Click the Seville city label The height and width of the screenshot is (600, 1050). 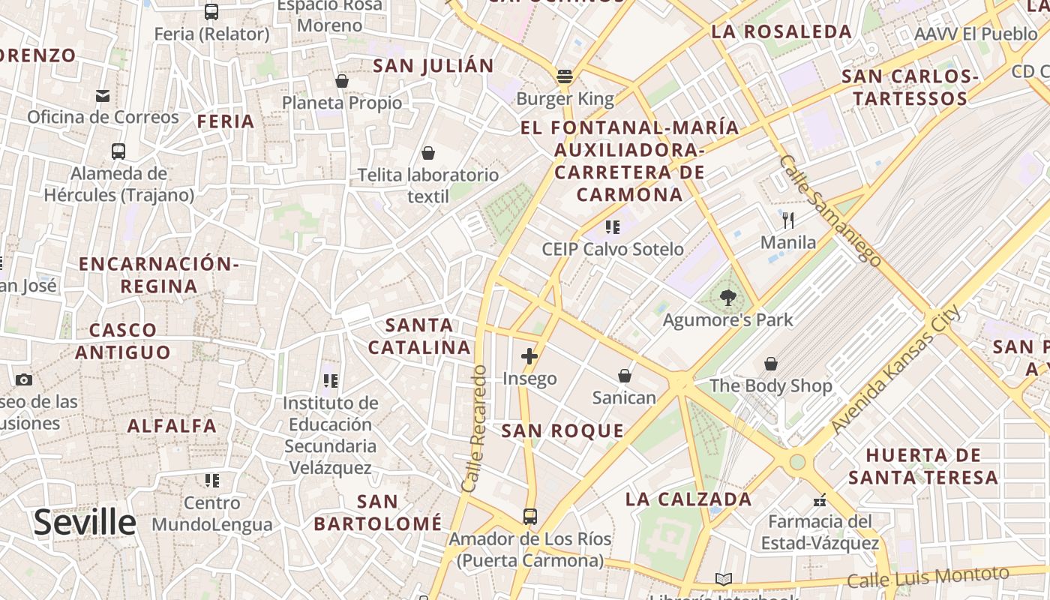click(x=85, y=522)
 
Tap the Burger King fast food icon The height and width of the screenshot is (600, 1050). click(x=565, y=76)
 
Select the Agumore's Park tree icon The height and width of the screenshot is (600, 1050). click(x=727, y=298)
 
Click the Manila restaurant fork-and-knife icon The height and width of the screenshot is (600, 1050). click(x=788, y=220)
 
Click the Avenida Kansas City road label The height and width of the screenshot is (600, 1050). click(x=895, y=370)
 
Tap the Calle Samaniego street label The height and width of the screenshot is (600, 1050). click(x=829, y=211)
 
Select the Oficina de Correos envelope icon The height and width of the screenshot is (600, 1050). click(x=103, y=95)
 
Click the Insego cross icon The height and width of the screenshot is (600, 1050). click(x=529, y=355)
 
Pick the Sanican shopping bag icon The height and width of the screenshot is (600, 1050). click(x=624, y=375)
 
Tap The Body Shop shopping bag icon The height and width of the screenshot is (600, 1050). click(x=770, y=364)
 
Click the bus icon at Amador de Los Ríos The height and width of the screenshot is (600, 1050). click(x=530, y=517)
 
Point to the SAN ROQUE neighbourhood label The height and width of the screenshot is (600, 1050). click(x=562, y=430)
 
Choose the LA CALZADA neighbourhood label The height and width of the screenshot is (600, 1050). click(x=688, y=499)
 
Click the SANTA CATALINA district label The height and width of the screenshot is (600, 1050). click(x=419, y=336)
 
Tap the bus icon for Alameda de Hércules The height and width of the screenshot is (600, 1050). click(x=118, y=151)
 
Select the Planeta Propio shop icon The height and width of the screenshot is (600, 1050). click(x=342, y=80)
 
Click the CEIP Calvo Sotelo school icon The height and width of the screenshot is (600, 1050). click(x=613, y=226)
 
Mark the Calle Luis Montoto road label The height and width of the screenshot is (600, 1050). click(x=928, y=577)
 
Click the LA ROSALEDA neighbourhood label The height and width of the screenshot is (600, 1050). click(x=781, y=31)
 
